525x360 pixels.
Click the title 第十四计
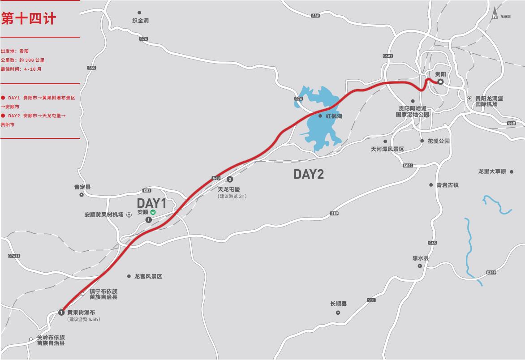29,19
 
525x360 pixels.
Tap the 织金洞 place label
140,21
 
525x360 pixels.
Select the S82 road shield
315,16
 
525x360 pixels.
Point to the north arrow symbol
495,13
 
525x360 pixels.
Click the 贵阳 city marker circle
441,82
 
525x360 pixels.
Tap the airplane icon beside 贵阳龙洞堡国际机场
469,99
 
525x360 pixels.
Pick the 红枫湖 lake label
334,116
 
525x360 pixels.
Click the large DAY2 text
309,174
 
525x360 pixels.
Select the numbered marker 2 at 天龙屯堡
230,180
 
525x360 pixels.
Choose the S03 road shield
147,190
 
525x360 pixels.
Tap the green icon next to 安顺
153,212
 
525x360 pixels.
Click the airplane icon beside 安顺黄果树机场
129,215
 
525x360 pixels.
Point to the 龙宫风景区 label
148,277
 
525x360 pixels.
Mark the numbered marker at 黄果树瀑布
62,312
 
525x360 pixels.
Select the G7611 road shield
14,256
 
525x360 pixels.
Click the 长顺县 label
338,304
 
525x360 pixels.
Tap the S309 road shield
491,273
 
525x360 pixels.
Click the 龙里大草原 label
492,171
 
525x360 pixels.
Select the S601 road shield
388,56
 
